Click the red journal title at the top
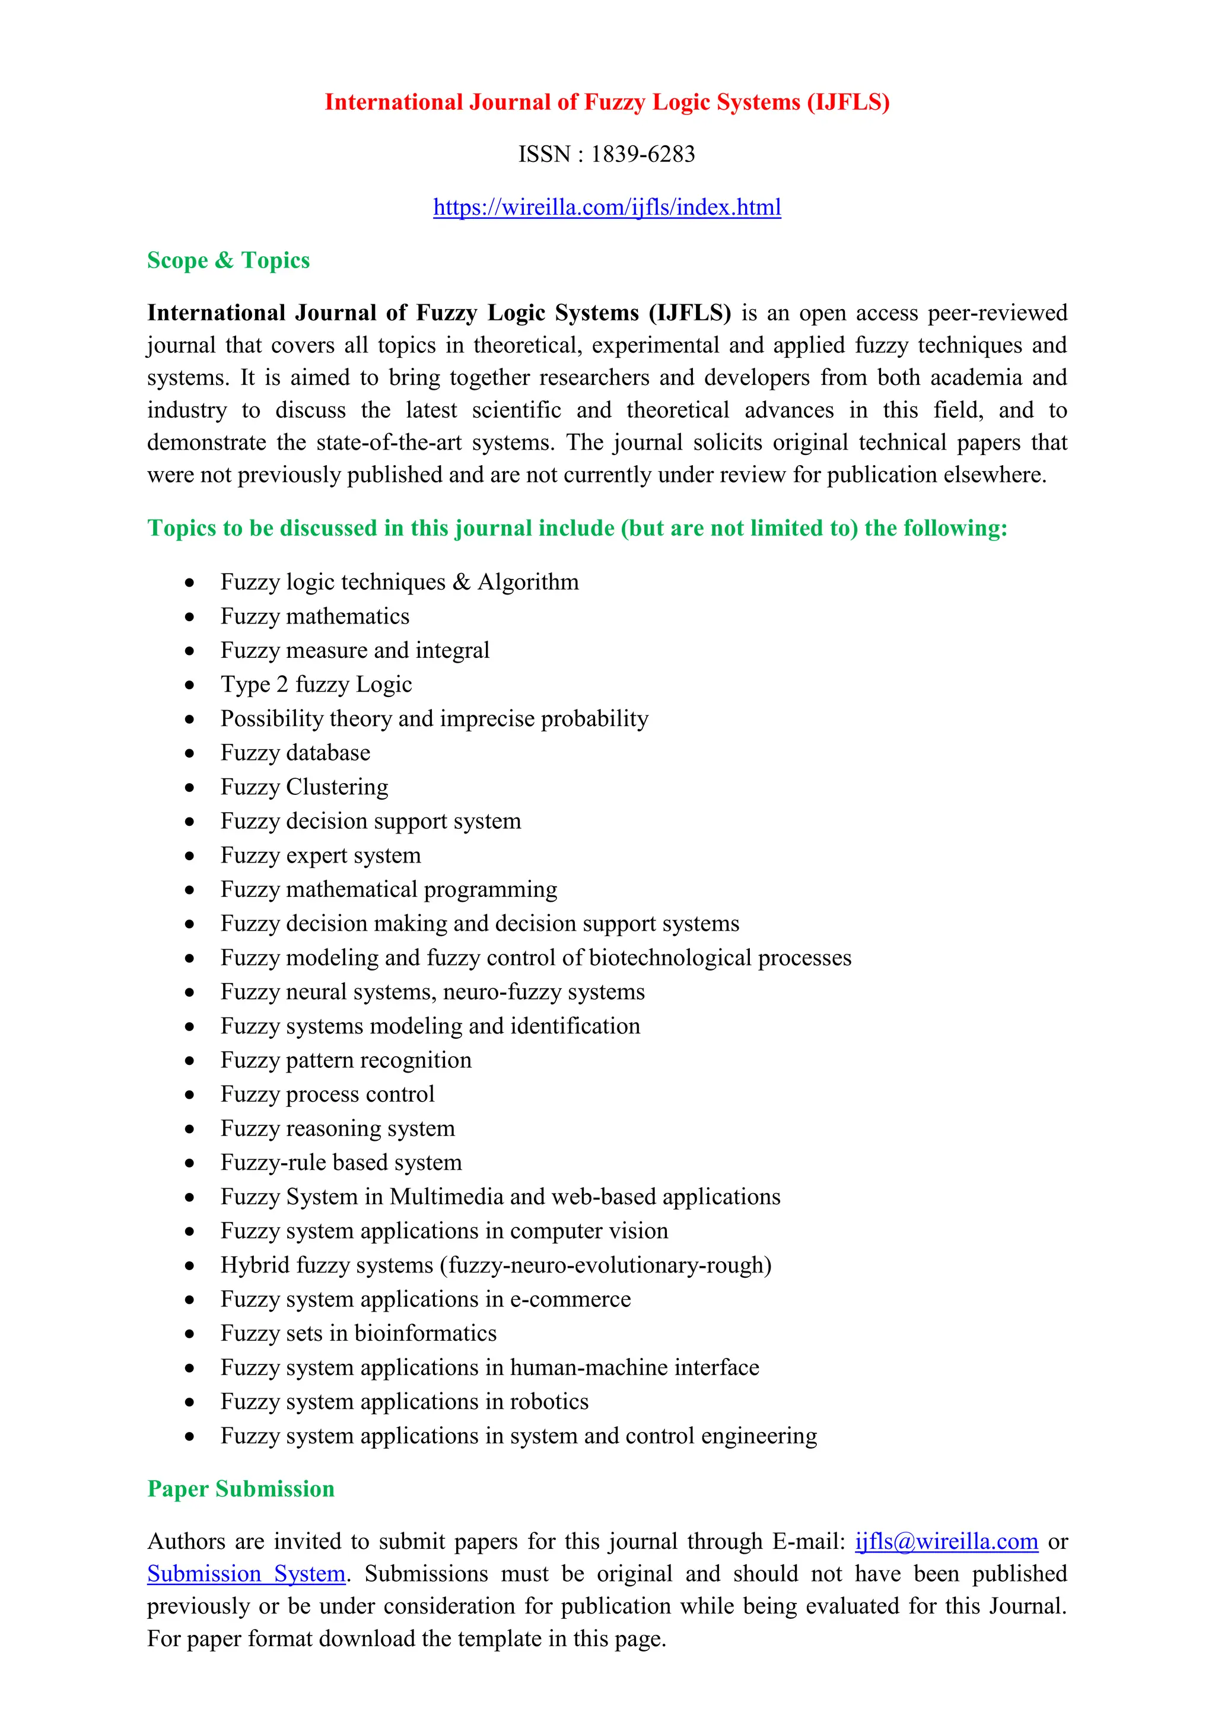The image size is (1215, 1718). click(607, 102)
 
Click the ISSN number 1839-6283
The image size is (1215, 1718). click(643, 154)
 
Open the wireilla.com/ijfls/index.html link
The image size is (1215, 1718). click(607, 207)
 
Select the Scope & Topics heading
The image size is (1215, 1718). click(228, 260)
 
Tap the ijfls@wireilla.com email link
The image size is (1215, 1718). click(946, 1541)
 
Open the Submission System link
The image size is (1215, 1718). click(246, 1574)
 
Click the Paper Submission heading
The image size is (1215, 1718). click(240, 1488)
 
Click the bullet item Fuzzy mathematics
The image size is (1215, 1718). click(315, 616)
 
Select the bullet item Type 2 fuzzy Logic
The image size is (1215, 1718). click(316, 685)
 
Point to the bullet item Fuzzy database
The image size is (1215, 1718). click(295, 753)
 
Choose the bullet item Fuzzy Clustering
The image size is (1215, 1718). click(304, 787)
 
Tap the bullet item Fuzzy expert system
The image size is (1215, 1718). click(320, 855)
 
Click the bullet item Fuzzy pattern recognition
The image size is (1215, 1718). click(346, 1060)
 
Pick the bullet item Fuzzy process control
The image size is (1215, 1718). click(327, 1095)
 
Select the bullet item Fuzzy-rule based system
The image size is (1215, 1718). click(341, 1163)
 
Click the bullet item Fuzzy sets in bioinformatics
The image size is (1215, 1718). click(358, 1334)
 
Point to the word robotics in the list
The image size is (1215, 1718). click(549, 1401)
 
